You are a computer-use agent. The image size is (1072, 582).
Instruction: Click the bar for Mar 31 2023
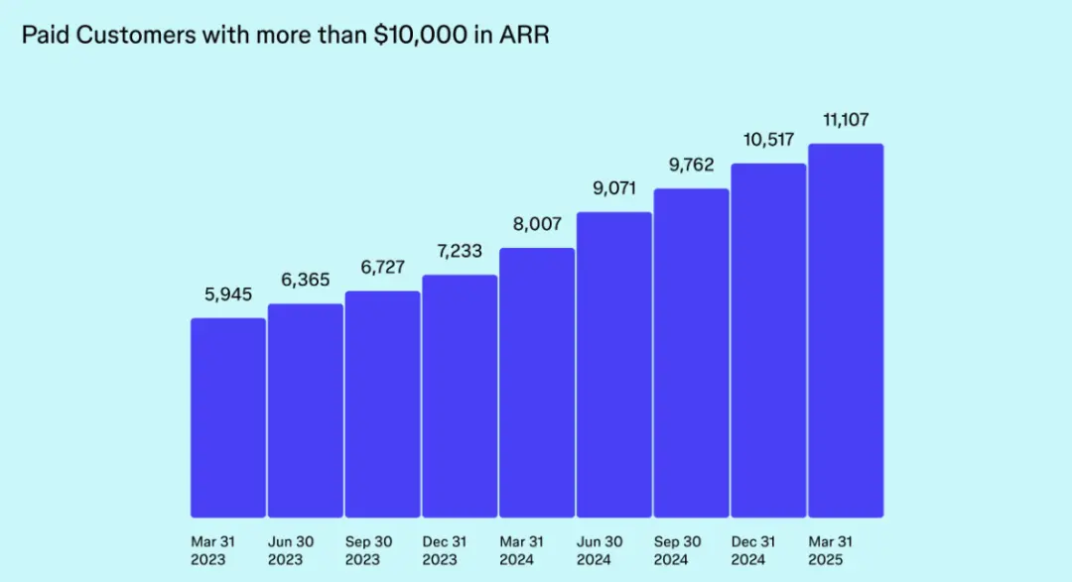pyautogui.click(x=228, y=417)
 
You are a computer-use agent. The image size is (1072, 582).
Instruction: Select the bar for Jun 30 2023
pyautogui.click(x=306, y=410)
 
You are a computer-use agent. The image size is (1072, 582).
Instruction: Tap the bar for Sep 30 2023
pyautogui.click(x=383, y=405)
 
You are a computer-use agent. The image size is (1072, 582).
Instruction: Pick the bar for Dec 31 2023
pyautogui.click(x=460, y=396)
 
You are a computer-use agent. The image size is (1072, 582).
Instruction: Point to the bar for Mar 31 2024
pyautogui.click(x=537, y=383)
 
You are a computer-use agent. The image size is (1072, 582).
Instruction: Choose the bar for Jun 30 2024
pyautogui.click(x=614, y=365)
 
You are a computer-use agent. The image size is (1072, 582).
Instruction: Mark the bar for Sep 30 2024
pyautogui.click(x=692, y=353)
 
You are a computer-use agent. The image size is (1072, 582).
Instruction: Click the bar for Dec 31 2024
pyautogui.click(x=769, y=340)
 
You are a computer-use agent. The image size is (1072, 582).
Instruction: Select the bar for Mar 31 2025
pyautogui.click(x=846, y=330)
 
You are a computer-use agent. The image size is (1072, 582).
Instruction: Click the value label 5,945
pyautogui.click(x=228, y=295)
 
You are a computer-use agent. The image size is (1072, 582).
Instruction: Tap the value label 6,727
pyautogui.click(x=383, y=268)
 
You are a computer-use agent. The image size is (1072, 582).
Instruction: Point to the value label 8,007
pyautogui.click(x=537, y=224)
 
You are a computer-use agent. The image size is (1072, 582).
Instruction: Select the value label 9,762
pyautogui.click(x=692, y=165)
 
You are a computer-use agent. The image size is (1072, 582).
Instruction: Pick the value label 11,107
pyautogui.click(x=846, y=120)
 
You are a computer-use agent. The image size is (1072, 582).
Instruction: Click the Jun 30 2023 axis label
pyautogui.click(x=292, y=551)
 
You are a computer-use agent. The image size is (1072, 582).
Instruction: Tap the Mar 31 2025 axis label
pyautogui.click(x=832, y=551)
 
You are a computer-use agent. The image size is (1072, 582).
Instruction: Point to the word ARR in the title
pyautogui.click(x=524, y=36)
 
